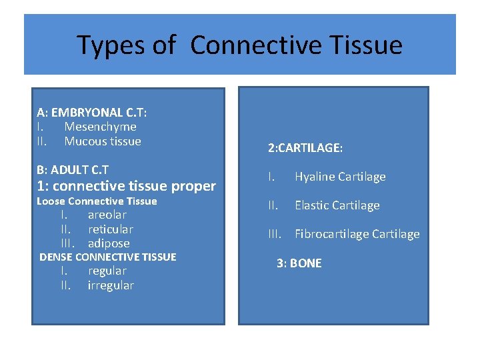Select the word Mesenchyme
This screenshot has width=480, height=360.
(x=100, y=127)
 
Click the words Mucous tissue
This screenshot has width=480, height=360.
(x=103, y=141)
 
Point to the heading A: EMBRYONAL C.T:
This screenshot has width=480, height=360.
(x=92, y=113)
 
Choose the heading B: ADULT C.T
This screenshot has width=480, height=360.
(x=73, y=170)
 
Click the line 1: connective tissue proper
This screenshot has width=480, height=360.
(x=127, y=186)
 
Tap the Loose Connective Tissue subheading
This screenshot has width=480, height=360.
(x=97, y=201)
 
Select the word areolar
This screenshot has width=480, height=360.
(x=107, y=215)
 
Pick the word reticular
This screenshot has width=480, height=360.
(x=110, y=229)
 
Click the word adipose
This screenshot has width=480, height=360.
(x=109, y=243)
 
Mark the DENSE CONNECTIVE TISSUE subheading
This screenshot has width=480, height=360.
(x=108, y=257)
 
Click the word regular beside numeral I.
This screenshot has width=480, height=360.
(x=107, y=271)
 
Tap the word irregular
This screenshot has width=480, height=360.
(x=111, y=285)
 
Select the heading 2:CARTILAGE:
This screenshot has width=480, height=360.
(x=305, y=149)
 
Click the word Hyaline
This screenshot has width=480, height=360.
(x=315, y=177)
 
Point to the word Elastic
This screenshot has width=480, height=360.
(x=313, y=205)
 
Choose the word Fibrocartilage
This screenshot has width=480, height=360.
(x=331, y=234)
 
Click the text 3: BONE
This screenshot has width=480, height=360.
(x=299, y=263)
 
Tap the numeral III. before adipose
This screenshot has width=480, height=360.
(x=67, y=243)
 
